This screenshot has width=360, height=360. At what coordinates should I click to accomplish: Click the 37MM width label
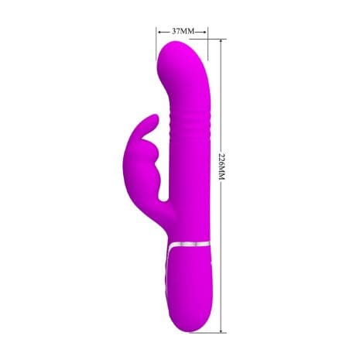[x=182, y=32]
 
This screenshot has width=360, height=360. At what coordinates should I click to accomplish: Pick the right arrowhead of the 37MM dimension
[x=205, y=32]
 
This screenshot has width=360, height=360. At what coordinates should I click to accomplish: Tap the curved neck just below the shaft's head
[x=186, y=93]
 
